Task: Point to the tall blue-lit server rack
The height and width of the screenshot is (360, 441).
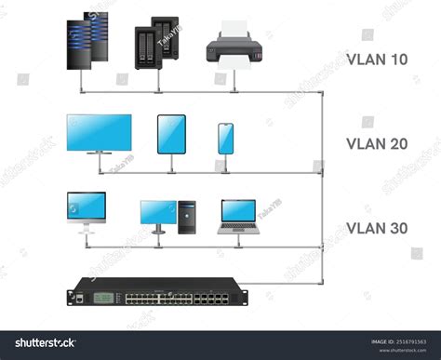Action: [x=85, y=46]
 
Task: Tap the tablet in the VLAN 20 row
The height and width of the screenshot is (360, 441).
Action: [x=172, y=134]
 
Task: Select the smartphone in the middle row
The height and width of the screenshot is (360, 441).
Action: [x=226, y=139]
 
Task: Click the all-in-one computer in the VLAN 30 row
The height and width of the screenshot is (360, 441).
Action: [x=87, y=208]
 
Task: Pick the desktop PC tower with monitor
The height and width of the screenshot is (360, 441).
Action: [x=168, y=215]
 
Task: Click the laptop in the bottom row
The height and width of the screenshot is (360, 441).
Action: [x=239, y=216]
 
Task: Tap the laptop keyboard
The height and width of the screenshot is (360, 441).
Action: [x=239, y=227]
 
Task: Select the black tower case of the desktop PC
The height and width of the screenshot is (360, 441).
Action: [x=187, y=216]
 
